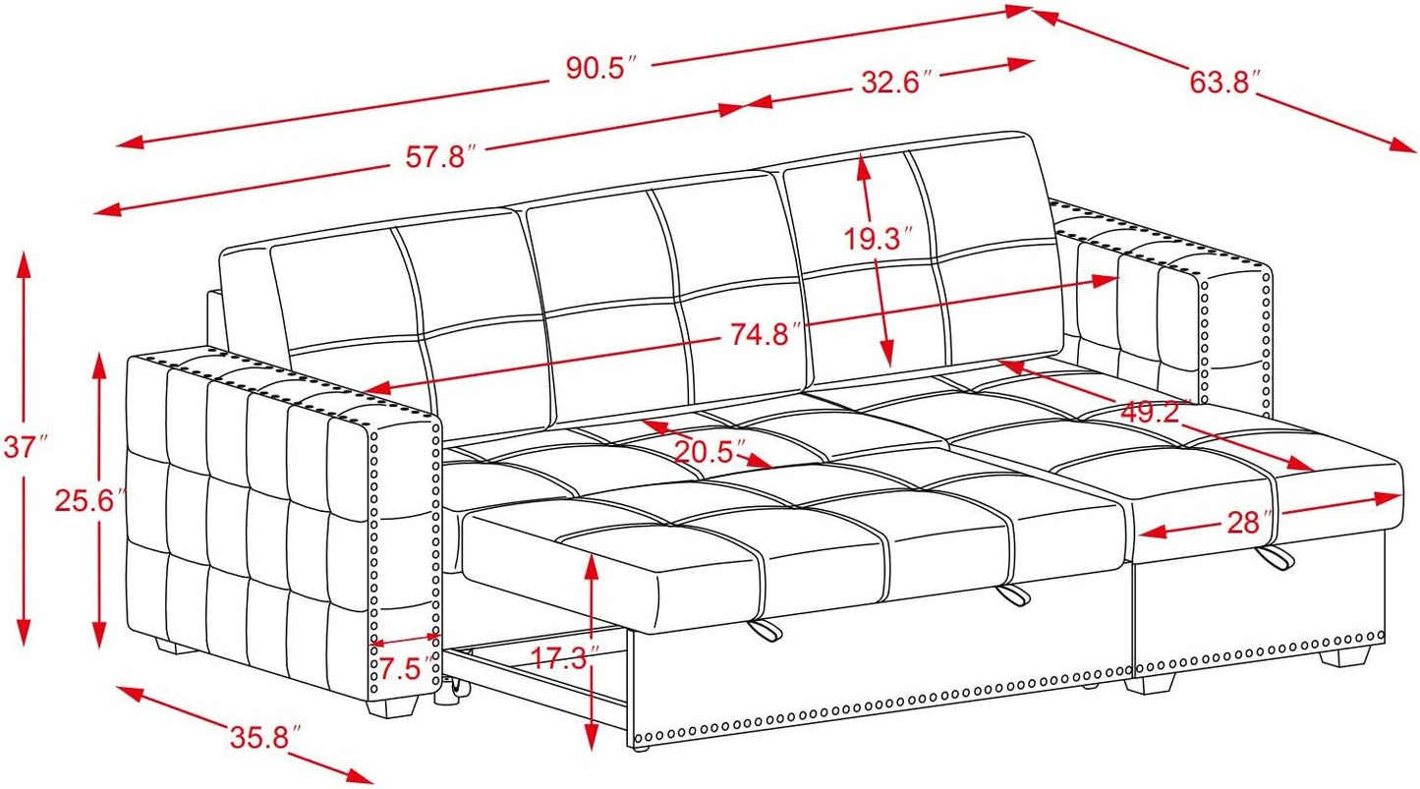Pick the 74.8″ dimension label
(x=760, y=335)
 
